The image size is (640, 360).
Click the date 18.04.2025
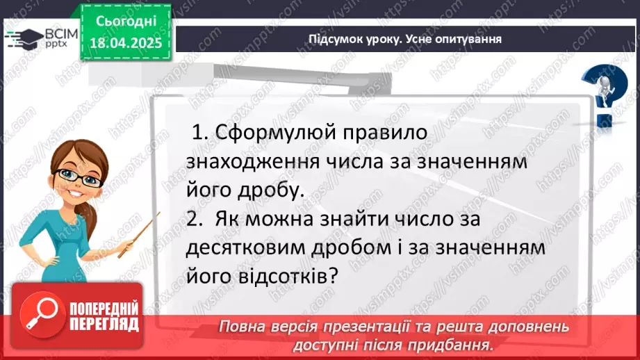tap(125, 42)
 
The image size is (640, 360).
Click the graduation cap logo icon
tap(18, 38)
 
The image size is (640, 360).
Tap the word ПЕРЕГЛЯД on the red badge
tap(104, 324)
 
